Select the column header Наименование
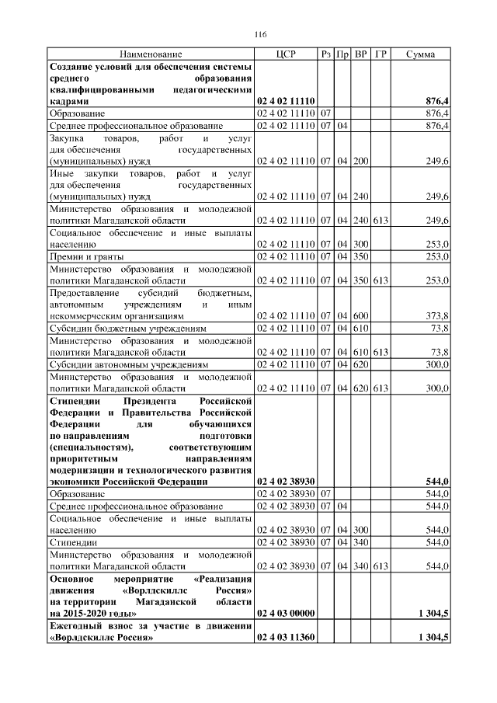click(x=151, y=54)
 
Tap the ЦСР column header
click(x=285, y=54)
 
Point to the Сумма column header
click(x=420, y=54)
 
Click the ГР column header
click(x=381, y=54)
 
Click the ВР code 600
click(x=360, y=316)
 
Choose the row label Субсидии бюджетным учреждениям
click(x=123, y=329)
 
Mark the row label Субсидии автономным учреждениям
click(x=128, y=364)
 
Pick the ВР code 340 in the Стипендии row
click(x=360, y=541)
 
